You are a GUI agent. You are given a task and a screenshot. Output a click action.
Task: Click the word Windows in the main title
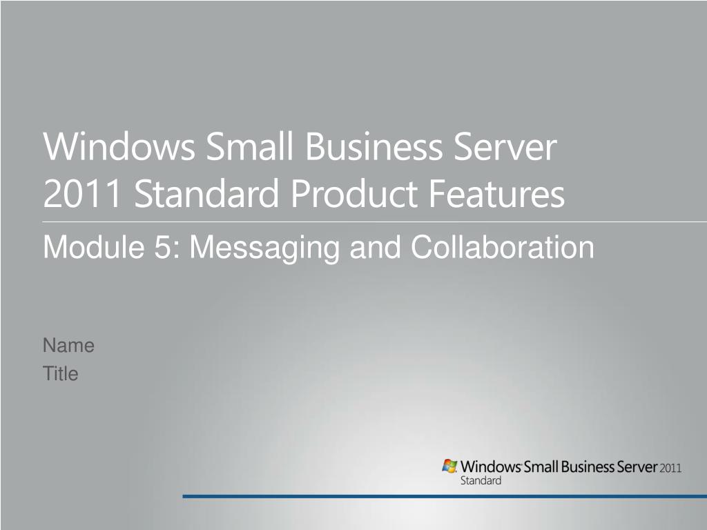[x=119, y=146]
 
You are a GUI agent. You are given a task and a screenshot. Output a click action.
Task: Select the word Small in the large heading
[x=249, y=146]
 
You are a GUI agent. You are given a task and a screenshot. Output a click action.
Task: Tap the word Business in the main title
[x=374, y=146]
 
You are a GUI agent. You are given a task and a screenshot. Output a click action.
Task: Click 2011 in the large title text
[x=83, y=193]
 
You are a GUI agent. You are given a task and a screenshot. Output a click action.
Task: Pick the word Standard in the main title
[x=206, y=193]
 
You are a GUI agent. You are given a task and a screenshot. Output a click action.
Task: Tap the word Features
[x=496, y=193]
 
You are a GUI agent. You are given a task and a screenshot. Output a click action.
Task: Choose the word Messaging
[x=264, y=248]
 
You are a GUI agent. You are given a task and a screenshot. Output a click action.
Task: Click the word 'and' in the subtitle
[x=375, y=247]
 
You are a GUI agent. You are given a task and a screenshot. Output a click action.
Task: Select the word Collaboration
[x=503, y=247]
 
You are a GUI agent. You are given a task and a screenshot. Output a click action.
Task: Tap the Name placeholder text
[x=68, y=346]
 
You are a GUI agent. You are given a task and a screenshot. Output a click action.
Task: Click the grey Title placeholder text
[x=61, y=373]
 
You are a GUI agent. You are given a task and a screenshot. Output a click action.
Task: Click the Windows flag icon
[x=449, y=466]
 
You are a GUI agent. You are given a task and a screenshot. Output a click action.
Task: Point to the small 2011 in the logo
[x=670, y=469]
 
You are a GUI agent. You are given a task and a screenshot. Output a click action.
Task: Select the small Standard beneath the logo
[x=481, y=480]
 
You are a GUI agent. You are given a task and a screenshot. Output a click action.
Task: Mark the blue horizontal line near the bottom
[x=445, y=496]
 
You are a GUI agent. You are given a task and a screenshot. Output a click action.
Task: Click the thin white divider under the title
[x=375, y=222]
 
